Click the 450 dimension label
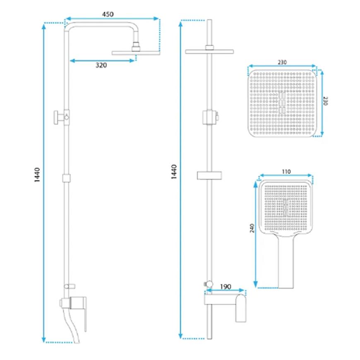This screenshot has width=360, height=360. pyautogui.click(x=108, y=14)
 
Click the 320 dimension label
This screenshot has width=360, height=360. pyautogui.click(x=101, y=65)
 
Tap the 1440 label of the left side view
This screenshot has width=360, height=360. pyautogui.click(x=37, y=175)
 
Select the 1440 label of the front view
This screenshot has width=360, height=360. pyautogui.click(x=174, y=172)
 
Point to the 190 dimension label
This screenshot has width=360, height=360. pyautogui.click(x=226, y=287)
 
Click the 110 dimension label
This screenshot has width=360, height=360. pyautogui.click(x=286, y=171)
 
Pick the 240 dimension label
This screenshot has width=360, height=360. pyautogui.click(x=252, y=228)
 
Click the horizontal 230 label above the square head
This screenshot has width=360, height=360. pyautogui.click(x=282, y=62)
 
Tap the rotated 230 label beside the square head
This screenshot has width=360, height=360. pyautogui.click(x=325, y=101)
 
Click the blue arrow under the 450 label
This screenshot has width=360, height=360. pyautogui.click(x=112, y=19)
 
